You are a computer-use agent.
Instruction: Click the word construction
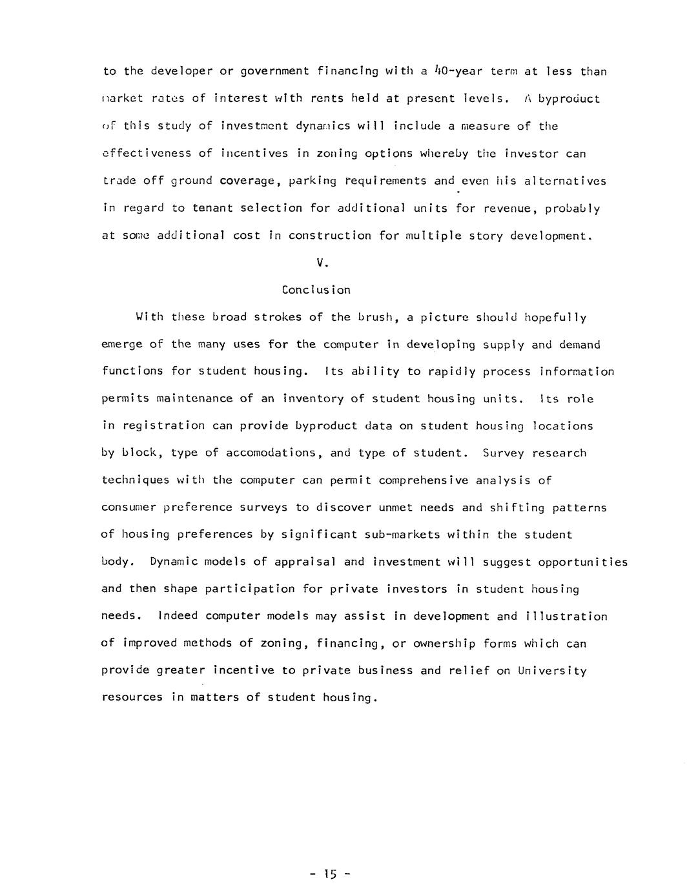(330, 236)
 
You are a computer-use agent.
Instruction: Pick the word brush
(374, 317)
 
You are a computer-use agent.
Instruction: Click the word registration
(163, 426)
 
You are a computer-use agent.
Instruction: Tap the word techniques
(136, 480)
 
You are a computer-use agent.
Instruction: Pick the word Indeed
(178, 616)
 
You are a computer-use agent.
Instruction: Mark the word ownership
(444, 644)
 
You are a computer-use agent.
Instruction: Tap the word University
(553, 671)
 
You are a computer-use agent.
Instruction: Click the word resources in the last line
(132, 698)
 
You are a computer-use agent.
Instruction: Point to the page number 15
(330, 876)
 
